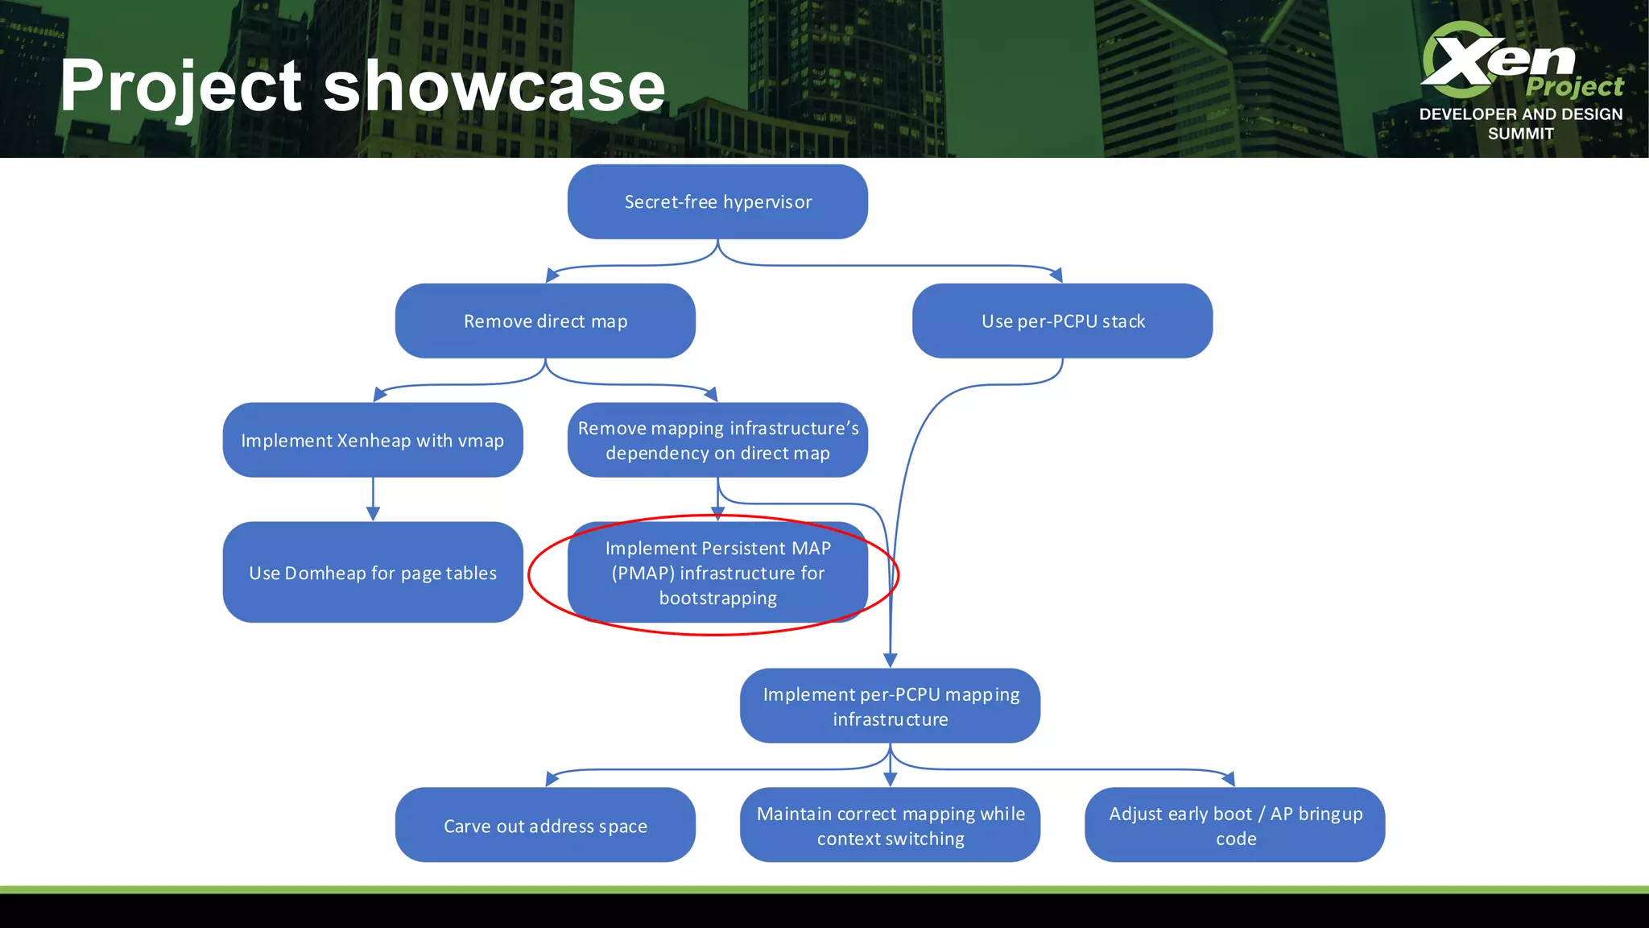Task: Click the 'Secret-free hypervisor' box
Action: [717, 201]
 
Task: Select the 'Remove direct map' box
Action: [545, 321]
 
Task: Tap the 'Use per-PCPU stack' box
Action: [1062, 321]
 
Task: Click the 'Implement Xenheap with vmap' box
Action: [373, 440]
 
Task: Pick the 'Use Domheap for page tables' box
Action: [373, 572]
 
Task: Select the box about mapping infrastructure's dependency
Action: [717, 440]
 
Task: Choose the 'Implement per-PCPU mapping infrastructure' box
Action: [890, 706]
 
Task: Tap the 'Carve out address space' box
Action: [545, 825]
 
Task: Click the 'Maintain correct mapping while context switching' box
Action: [890, 825]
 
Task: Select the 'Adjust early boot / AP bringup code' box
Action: [1234, 825]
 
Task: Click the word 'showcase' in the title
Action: [494, 87]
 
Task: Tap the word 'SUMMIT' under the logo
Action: [1520, 134]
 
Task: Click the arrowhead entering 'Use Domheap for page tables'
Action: [373, 514]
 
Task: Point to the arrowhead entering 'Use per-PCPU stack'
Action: [1056, 275]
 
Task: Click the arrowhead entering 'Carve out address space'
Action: [552, 778]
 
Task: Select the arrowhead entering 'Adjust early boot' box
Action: [1229, 778]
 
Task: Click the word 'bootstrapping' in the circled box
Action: [717, 598]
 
